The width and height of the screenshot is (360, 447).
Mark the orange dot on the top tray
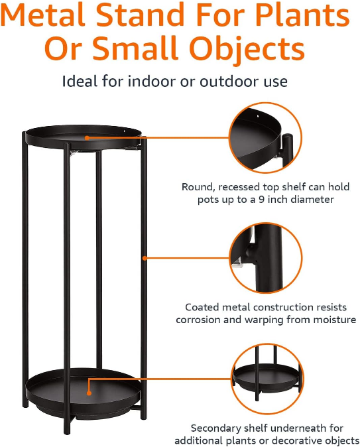pos(87,138)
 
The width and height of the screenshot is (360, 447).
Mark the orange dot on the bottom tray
pos(90,379)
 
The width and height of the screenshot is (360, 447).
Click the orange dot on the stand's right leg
pos(143,257)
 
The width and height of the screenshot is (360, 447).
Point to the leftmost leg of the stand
pos(25,265)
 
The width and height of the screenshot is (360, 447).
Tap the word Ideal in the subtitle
pos(78,82)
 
